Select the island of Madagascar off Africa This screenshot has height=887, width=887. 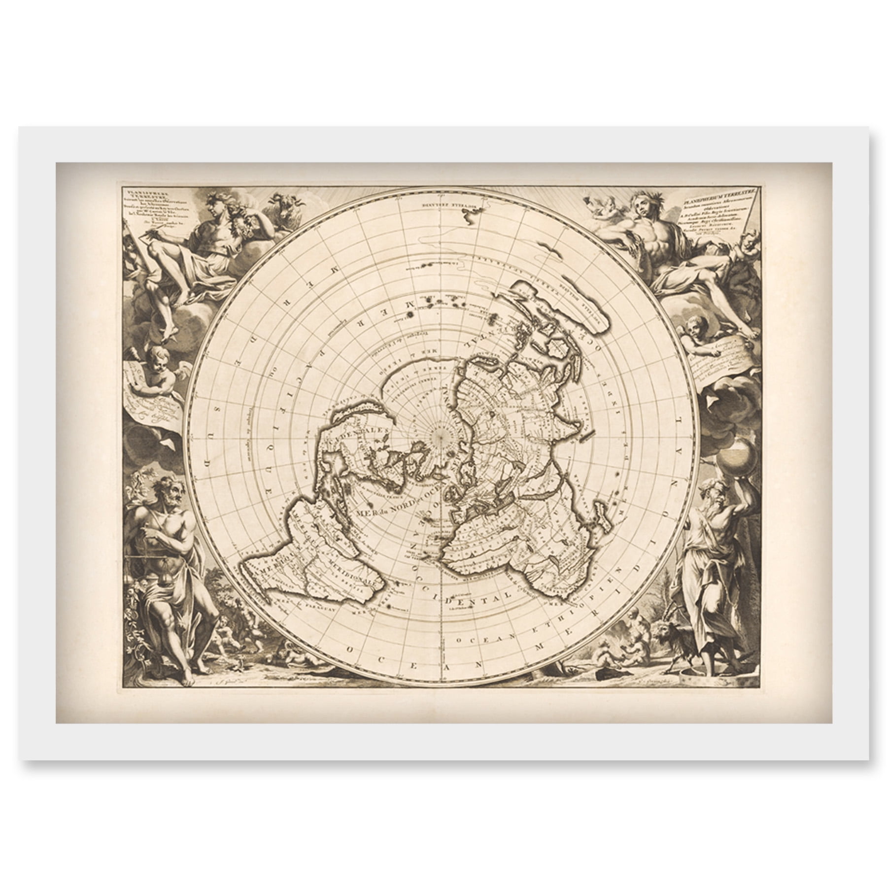(605, 517)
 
